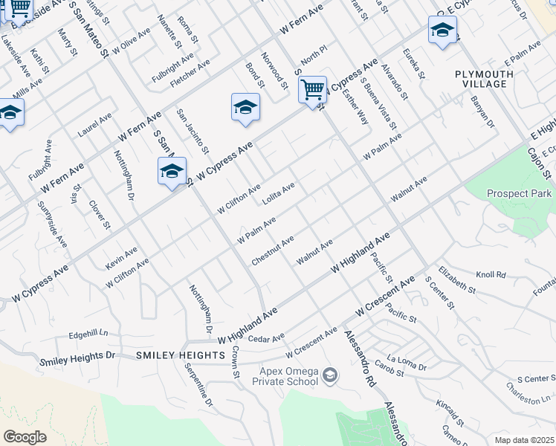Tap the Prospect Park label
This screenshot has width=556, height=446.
[520, 194]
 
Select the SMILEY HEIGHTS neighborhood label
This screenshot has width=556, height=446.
[181, 356]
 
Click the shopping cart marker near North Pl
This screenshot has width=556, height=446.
[313, 90]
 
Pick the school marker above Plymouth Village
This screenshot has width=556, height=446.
[442, 32]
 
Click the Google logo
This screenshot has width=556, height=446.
[25, 437]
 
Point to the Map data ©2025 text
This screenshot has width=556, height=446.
[524, 440]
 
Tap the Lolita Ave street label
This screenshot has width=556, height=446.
[279, 193]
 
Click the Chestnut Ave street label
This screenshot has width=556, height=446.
[273, 249]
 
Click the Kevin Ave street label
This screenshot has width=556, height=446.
[122, 259]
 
